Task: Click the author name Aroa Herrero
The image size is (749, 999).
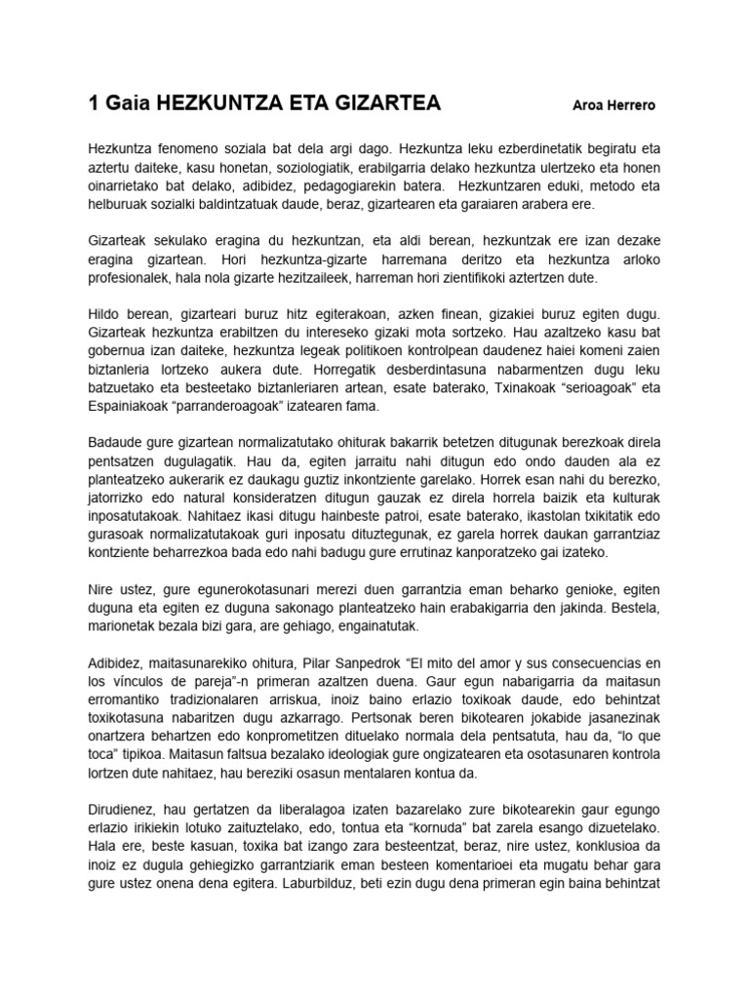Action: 614,105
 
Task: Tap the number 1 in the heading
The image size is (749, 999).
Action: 94,103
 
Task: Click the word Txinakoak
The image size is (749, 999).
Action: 474,388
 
